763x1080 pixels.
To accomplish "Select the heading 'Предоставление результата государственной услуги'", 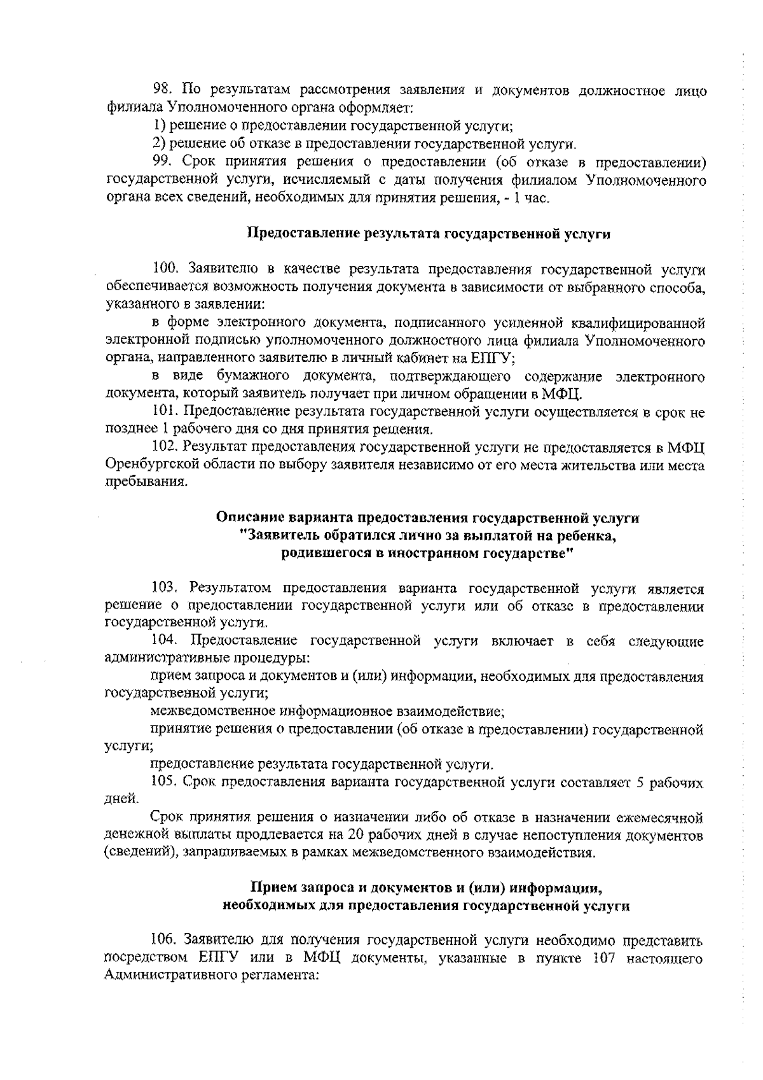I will pyautogui.click(x=429, y=234).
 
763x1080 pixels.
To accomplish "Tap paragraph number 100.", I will pyautogui.click(x=167, y=270).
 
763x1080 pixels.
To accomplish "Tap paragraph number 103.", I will pyautogui.click(x=167, y=589).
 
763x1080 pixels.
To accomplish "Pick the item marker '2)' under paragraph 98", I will pyautogui.click(x=159, y=144).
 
